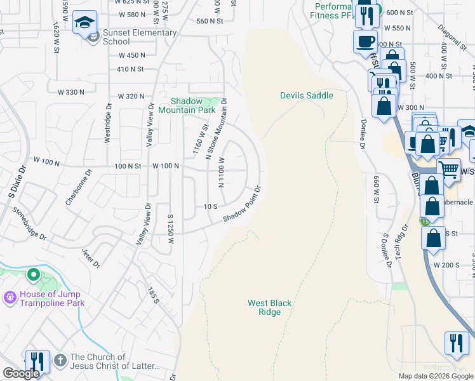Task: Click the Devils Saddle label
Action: tap(306, 95)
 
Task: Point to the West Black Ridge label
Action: tap(270, 308)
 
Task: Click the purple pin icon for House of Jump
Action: tap(10, 297)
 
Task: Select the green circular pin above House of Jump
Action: tap(34, 276)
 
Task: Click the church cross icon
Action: tap(60, 360)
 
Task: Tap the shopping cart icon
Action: tap(449, 170)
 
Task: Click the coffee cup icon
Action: tap(365, 42)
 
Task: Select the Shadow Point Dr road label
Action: tap(242, 204)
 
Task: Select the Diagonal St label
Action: tap(453, 37)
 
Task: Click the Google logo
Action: tap(21, 373)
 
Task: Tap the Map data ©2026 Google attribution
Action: tap(436, 376)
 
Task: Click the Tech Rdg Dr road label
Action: tap(399, 241)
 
